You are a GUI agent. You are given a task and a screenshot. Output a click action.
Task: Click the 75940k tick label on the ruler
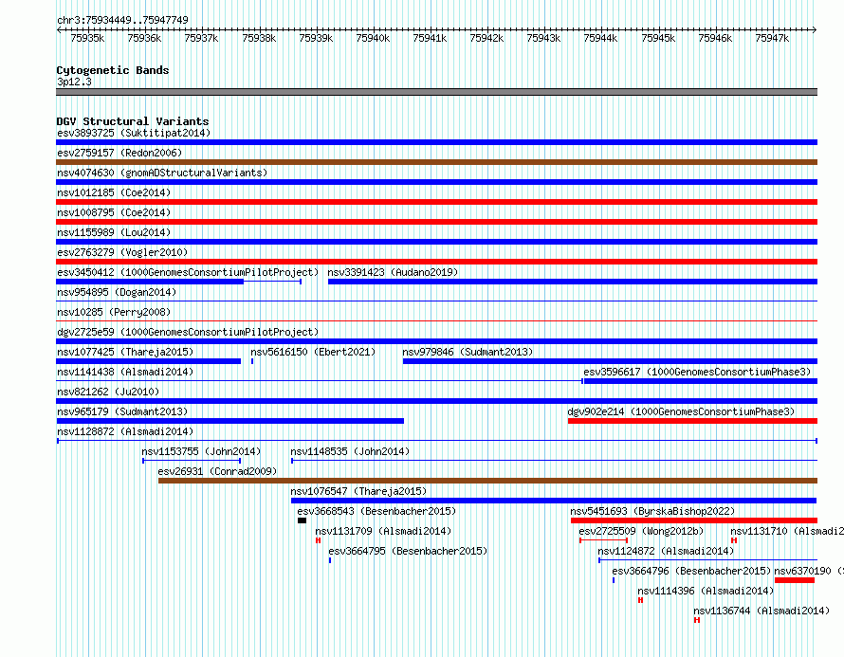[x=373, y=38]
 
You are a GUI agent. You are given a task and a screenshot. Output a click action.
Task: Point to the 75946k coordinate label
[x=715, y=38]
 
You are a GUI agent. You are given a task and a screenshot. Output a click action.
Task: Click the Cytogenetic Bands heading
[x=113, y=70]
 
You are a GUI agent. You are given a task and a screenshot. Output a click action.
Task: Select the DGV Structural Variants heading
[x=133, y=121]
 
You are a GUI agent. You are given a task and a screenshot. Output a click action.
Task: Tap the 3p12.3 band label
[x=74, y=82]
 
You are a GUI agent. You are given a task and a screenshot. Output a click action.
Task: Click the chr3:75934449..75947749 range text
[x=122, y=20]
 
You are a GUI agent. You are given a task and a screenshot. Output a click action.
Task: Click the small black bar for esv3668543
[x=302, y=520]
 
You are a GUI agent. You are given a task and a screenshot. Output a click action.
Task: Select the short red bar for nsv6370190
[x=795, y=580]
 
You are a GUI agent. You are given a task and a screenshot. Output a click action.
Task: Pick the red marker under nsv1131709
[x=318, y=540]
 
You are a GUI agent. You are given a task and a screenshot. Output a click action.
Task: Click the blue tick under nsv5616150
[x=252, y=361]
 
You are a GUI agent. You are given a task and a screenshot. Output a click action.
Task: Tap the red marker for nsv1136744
[x=697, y=620]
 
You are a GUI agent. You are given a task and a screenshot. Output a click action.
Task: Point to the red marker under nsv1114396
[x=640, y=600]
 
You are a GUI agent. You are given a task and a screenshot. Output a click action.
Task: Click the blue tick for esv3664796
[x=614, y=580]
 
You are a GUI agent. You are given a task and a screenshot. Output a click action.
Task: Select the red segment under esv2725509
[x=604, y=540]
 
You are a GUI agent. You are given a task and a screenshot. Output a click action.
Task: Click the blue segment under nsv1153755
[x=192, y=461]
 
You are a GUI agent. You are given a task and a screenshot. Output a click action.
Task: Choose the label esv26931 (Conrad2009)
[x=217, y=472]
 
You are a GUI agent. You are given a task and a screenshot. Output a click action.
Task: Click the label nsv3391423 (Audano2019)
[x=393, y=273]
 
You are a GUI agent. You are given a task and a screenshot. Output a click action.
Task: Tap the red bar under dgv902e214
[x=693, y=421]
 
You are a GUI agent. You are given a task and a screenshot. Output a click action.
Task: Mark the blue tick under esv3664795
[x=330, y=560]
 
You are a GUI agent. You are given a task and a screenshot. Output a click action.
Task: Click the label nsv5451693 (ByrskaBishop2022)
[x=653, y=512]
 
